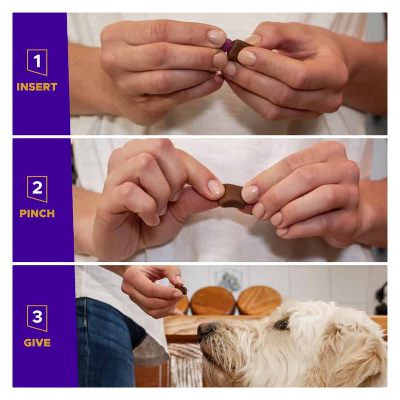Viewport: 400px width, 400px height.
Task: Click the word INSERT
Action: pos(37,87)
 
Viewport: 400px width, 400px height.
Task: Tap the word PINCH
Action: pos(37,214)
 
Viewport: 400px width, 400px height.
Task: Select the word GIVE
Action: pos(37,343)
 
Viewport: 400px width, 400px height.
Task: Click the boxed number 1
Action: pos(37,62)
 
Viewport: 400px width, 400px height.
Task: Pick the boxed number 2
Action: pos(37,189)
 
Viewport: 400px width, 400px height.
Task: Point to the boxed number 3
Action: pos(37,318)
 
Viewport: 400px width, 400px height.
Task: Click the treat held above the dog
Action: pos(181,289)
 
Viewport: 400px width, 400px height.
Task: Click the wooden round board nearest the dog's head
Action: pos(259,300)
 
